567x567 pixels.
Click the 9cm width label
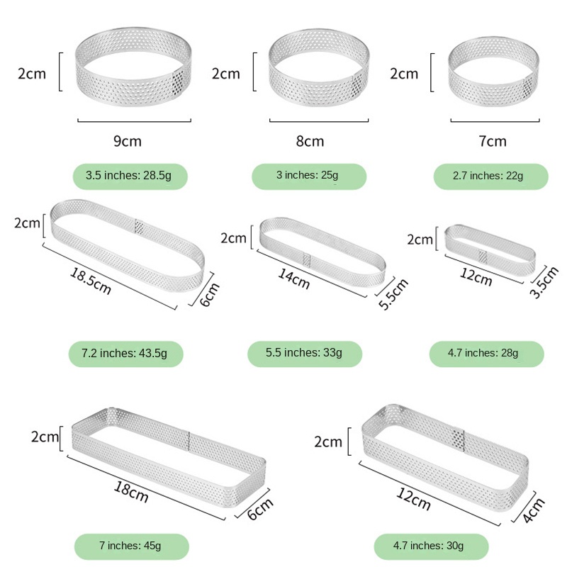pyautogui.click(x=128, y=141)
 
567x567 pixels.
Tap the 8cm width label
pyautogui.click(x=310, y=141)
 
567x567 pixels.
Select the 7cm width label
pyautogui.click(x=493, y=141)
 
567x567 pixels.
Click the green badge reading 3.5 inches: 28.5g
pyautogui.click(x=130, y=176)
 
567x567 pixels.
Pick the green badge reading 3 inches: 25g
pyautogui.click(x=309, y=176)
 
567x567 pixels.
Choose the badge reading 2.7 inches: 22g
pyautogui.click(x=490, y=176)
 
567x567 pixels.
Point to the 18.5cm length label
pyautogui.click(x=91, y=281)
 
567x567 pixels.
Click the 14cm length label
pyautogui.click(x=293, y=279)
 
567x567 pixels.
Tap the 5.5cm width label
pyautogui.click(x=393, y=294)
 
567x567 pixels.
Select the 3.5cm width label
pyautogui.click(x=544, y=282)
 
